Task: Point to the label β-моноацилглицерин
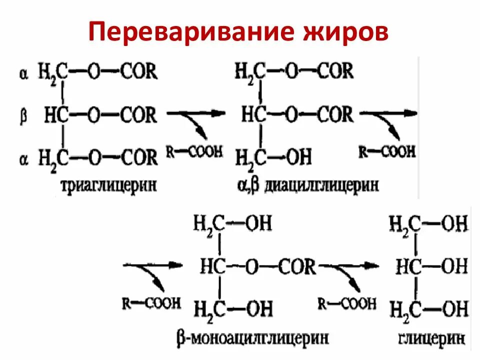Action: pyautogui.click(x=252, y=337)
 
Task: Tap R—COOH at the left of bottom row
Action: pyautogui.click(x=150, y=304)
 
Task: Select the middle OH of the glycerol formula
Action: pyautogui.click(x=454, y=266)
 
